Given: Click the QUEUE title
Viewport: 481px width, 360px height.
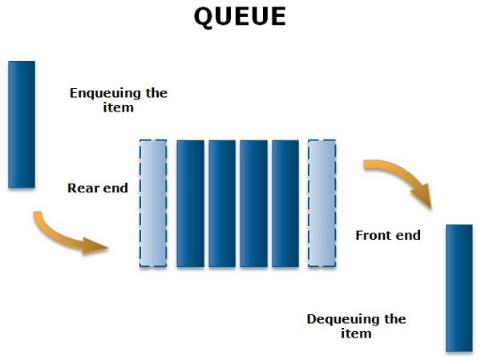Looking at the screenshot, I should (x=240, y=16).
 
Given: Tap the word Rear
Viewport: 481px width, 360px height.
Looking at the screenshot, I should (x=83, y=188).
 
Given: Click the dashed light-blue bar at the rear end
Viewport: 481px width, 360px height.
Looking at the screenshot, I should (x=153, y=203).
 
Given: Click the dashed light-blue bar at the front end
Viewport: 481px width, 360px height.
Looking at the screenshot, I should (x=322, y=203).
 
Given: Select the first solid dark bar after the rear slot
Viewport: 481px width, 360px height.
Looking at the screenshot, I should (x=190, y=203).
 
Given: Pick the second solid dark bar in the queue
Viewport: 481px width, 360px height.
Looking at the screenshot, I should (x=222, y=203).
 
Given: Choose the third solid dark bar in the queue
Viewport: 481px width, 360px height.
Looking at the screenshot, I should (x=253, y=203).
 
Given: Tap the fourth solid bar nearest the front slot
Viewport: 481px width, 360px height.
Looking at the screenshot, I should (x=285, y=203).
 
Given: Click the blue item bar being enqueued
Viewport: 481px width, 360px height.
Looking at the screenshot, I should (x=22, y=124).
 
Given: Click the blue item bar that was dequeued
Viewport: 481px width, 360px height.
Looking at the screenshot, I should (x=459, y=287).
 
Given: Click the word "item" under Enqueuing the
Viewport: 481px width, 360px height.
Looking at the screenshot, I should (x=118, y=107).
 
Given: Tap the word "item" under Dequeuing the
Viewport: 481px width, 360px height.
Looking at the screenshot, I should (x=356, y=333).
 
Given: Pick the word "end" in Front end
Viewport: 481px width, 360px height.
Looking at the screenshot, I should (x=408, y=235).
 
